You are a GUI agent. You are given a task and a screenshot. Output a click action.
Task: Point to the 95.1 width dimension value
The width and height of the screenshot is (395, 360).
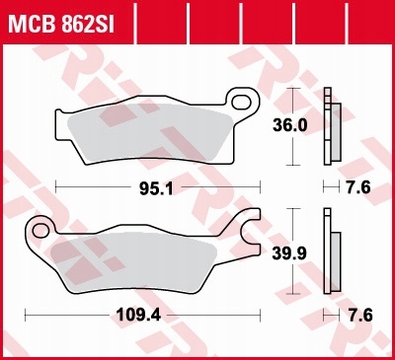click(x=160, y=185)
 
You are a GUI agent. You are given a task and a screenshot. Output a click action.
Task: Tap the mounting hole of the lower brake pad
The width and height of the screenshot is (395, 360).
click(x=41, y=231)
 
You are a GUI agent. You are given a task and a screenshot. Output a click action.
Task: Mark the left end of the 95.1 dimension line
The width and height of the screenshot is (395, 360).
click(x=57, y=185)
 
